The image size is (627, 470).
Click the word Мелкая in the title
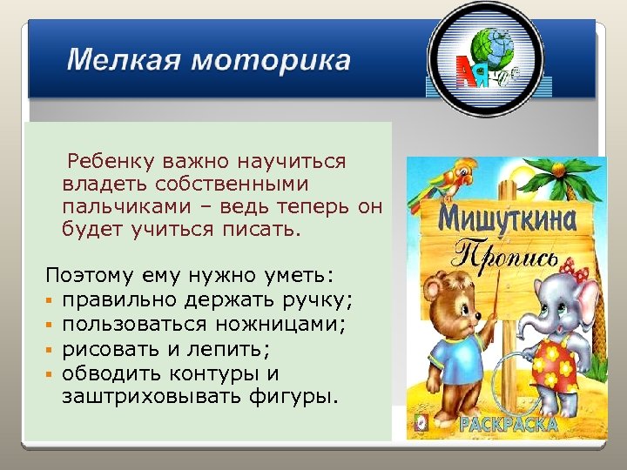tap(123, 62)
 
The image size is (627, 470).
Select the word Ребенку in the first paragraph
tap(111, 162)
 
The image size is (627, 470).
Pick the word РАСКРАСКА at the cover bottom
tap(509, 425)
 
